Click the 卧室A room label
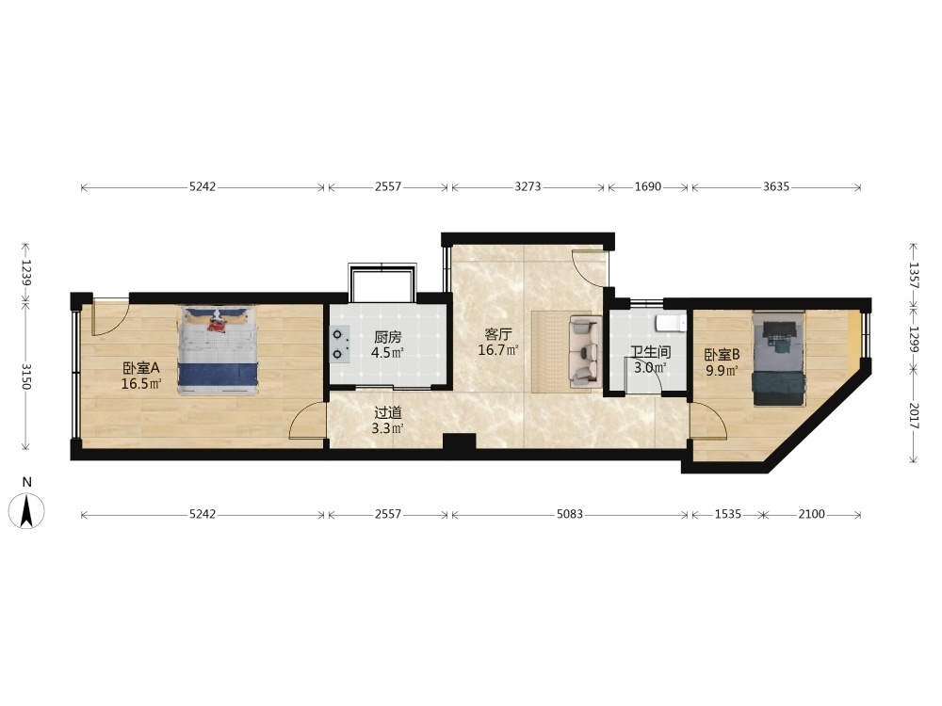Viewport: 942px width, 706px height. point(141,367)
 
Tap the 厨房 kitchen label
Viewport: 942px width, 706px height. point(387,337)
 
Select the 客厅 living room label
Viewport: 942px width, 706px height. point(498,334)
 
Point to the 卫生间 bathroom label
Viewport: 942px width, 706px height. point(651,352)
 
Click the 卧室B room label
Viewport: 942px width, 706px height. point(722,355)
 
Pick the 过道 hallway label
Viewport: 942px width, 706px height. point(387,413)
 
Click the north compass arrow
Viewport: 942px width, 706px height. point(26,510)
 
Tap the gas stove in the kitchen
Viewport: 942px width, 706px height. point(339,344)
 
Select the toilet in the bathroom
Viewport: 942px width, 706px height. point(671,323)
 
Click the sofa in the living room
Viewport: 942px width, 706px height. point(585,350)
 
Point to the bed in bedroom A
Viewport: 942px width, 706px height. point(219,350)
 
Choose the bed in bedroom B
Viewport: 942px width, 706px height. point(778,359)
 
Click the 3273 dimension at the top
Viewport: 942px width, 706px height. point(528,186)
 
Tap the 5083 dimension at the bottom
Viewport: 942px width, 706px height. point(570,514)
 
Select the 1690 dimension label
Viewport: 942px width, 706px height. point(648,186)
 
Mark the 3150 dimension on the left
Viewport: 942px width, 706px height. point(25,376)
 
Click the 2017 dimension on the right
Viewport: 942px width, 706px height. point(913,415)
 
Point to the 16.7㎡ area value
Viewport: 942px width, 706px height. point(498,350)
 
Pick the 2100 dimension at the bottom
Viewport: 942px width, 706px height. point(811,514)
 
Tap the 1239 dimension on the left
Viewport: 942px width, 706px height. point(25,272)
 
